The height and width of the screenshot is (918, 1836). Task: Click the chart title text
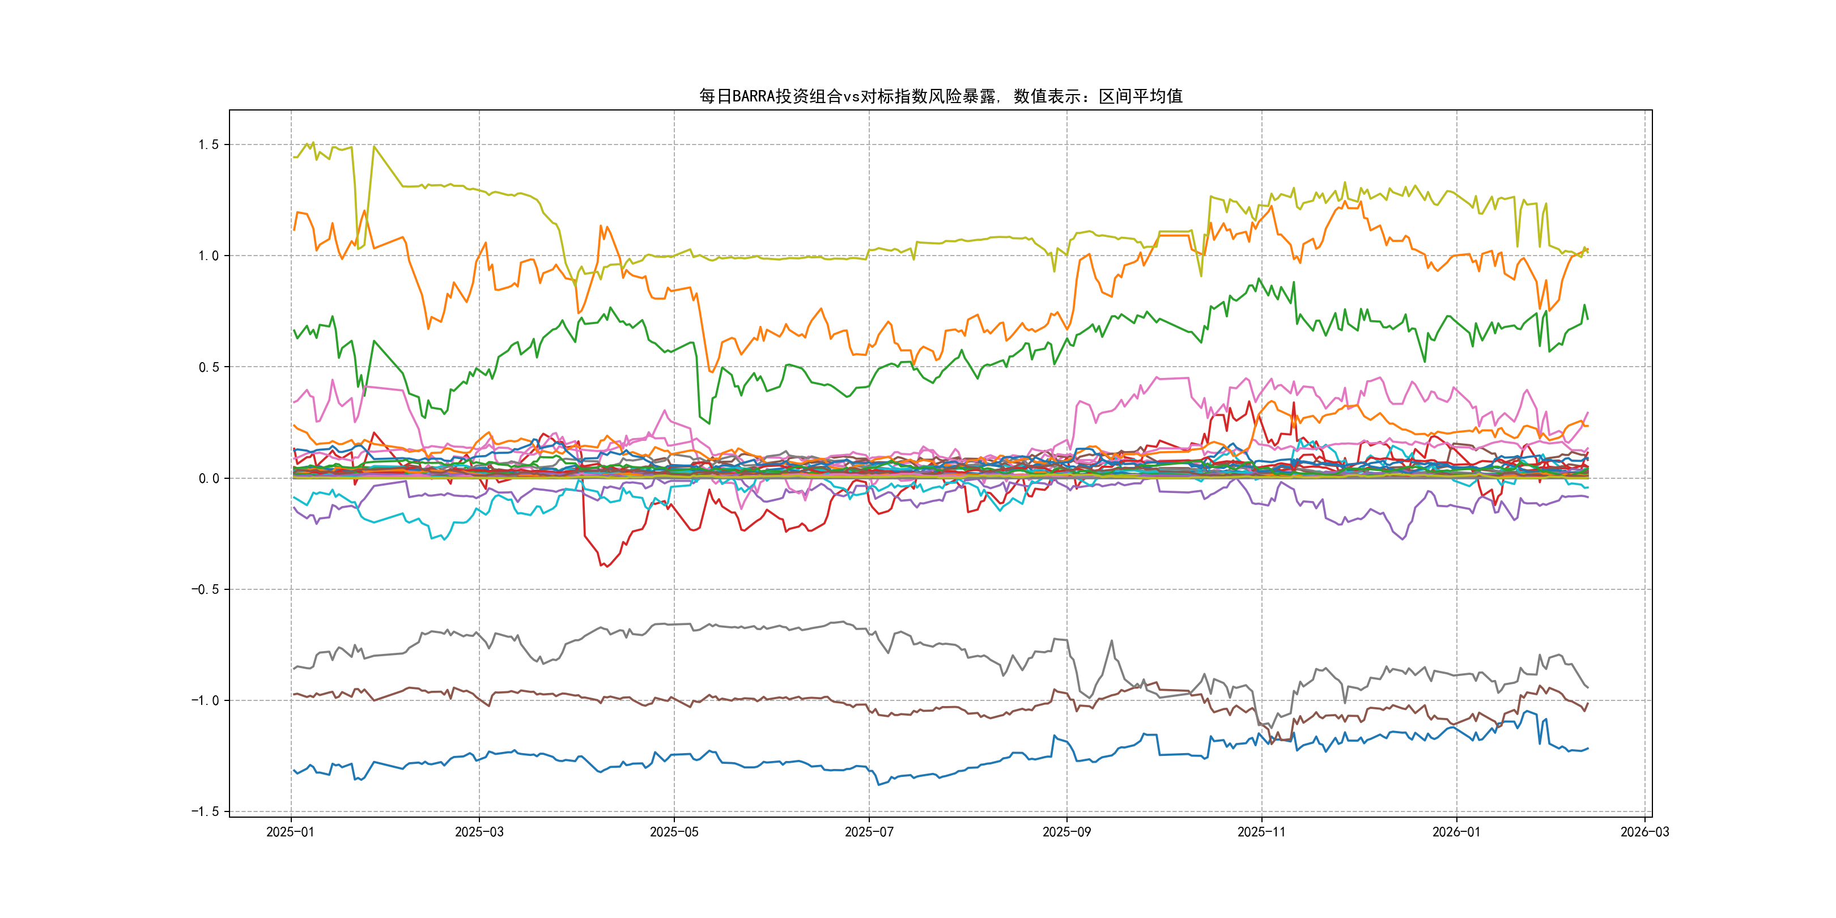point(940,96)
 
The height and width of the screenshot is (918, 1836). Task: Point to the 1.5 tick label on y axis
point(208,144)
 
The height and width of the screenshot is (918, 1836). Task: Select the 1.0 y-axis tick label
point(208,256)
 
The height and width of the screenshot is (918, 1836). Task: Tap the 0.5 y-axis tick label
point(208,367)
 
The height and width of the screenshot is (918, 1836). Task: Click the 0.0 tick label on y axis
point(208,478)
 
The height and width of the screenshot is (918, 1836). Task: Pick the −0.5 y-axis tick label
point(205,589)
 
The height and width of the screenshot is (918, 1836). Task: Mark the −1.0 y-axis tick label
point(205,700)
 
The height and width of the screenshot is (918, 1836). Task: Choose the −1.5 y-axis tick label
point(205,812)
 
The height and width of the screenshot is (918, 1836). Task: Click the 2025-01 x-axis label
point(290,832)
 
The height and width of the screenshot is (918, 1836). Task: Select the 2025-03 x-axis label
point(479,832)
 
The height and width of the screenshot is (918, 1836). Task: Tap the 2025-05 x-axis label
point(674,832)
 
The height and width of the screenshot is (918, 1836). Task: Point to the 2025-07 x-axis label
point(869,832)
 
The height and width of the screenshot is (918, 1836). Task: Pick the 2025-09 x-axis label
point(1066,832)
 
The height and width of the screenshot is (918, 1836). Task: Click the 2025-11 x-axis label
point(1261,832)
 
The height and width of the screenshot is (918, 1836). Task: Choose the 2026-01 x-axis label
point(1456,832)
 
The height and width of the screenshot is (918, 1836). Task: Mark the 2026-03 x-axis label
point(1644,832)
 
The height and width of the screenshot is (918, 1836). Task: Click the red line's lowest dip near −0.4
point(606,567)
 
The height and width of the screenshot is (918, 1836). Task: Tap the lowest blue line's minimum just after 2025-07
point(878,785)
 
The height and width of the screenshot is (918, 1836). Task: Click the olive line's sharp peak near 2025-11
point(1345,182)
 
